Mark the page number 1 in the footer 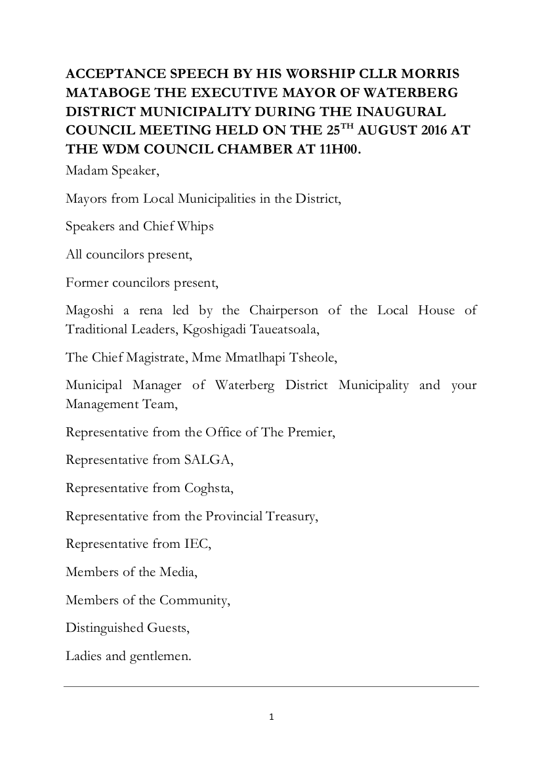[x=271, y=717]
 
